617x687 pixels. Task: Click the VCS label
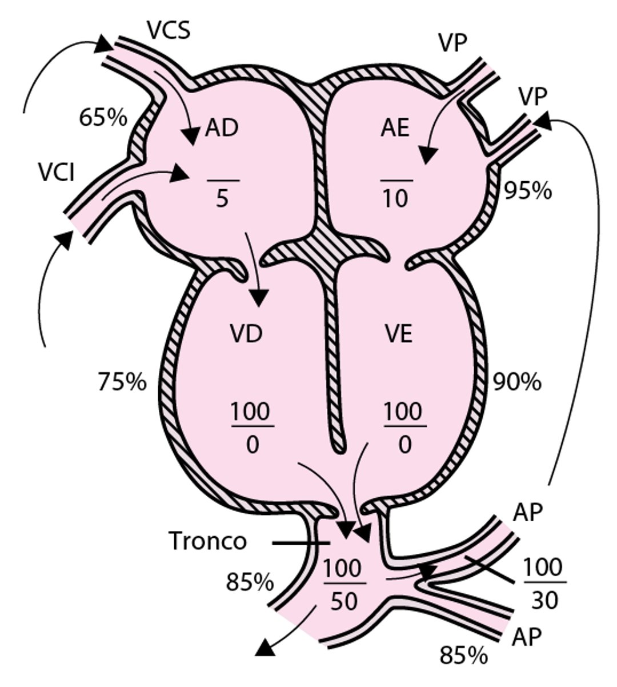169,30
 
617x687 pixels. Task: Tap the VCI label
57,171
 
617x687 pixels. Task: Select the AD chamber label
222,129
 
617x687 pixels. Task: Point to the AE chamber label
395,129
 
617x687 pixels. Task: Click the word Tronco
208,541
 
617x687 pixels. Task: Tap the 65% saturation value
103,118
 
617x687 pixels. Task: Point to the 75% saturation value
122,382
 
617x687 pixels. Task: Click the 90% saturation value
518,382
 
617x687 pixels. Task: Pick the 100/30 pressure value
544,584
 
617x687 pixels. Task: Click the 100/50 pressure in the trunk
343,584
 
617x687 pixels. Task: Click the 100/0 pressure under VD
252,428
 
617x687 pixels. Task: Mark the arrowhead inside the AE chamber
429,155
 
